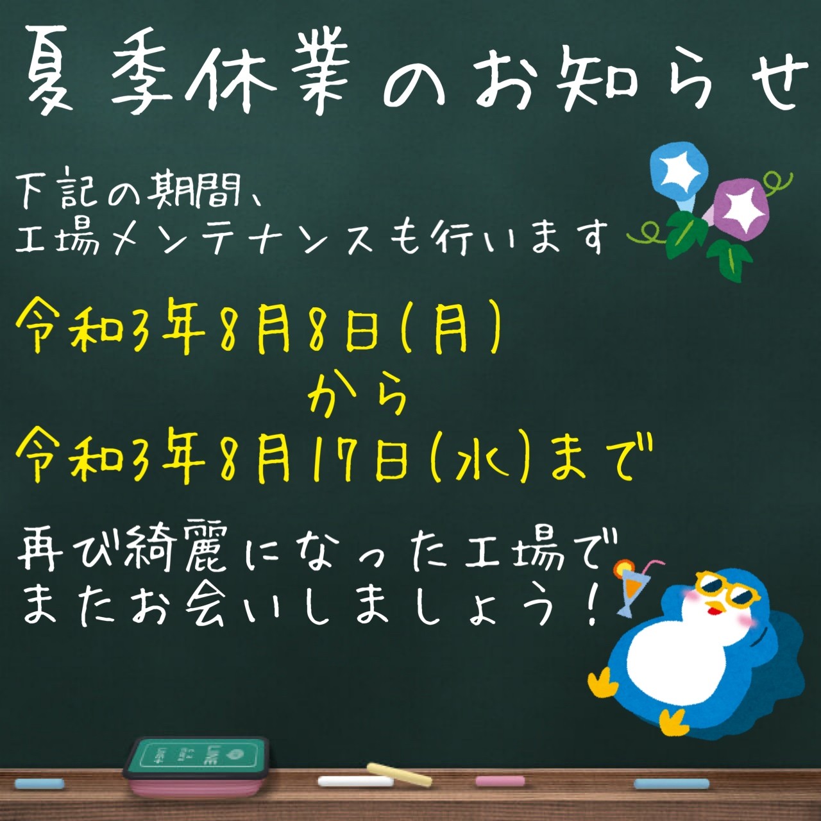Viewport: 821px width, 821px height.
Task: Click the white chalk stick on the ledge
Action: pyautogui.click(x=355, y=781)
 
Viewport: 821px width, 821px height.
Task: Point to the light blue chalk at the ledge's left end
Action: pyautogui.click(x=39, y=783)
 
